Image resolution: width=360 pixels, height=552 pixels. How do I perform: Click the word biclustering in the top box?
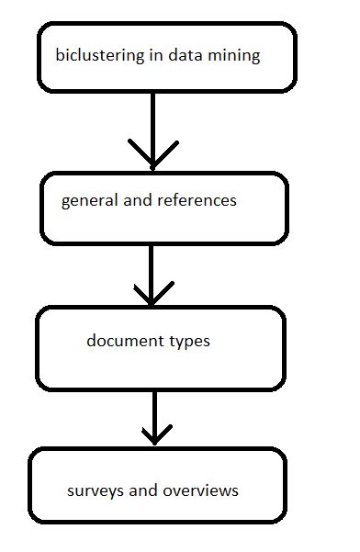click(x=99, y=57)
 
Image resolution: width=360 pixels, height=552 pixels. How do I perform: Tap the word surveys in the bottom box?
click(x=95, y=491)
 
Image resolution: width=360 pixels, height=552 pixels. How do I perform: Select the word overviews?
click(x=200, y=491)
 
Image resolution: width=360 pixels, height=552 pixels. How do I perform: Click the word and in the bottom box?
click(x=142, y=491)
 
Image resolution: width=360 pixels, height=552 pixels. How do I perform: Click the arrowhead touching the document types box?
click(x=152, y=296)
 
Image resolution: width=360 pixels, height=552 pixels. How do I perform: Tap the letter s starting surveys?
click(x=71, y=491)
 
